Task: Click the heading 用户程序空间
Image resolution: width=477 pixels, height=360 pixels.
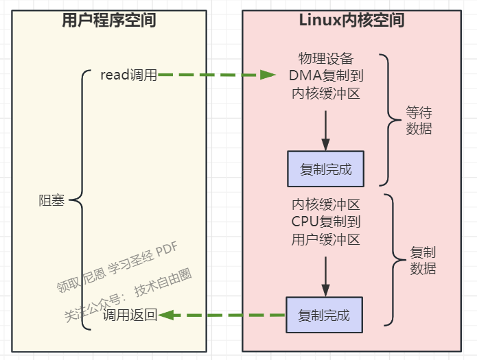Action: click(109, 21)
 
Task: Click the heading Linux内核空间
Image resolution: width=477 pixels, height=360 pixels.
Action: click(351, 21)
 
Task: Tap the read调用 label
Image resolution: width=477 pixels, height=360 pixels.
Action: click(128, 75)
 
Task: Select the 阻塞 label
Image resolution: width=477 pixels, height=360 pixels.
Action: click(51, 200)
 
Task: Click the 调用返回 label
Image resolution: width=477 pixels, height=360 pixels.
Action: click(130, 315)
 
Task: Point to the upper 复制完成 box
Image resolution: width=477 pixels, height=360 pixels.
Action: click(325, 169)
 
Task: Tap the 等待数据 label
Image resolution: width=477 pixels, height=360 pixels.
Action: click(419, 120)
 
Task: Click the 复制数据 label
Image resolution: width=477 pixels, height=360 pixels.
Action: click(423, 261)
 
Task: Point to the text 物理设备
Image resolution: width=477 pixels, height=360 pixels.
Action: click(325, 58)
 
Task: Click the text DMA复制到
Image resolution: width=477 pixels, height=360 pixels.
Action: click(325, 75)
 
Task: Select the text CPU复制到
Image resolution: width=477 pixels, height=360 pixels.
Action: click(326, 221)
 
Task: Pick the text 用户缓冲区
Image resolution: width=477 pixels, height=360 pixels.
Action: click(326, 239)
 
